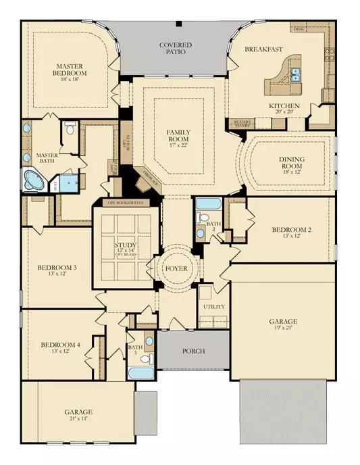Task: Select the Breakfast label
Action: (264, 48)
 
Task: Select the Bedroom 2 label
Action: (291, 230)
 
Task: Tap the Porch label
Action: (193, 351)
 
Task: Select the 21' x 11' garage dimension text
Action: (78, 419)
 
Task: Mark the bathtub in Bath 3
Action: (141, 372)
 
